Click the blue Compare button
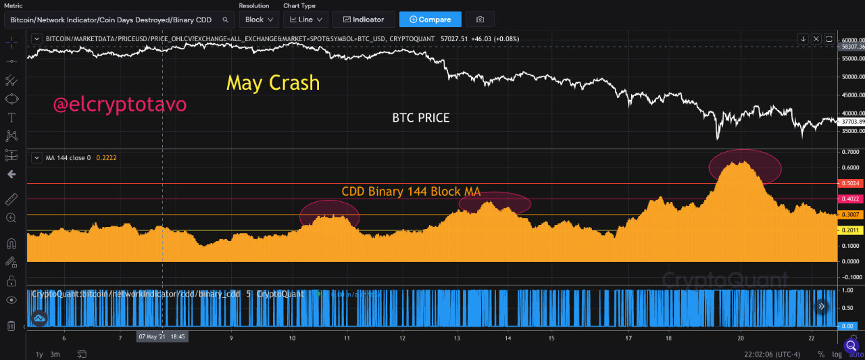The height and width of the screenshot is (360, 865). (430, 20)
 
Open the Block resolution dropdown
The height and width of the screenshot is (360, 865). (259, 20)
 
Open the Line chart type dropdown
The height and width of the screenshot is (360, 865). (305, 20)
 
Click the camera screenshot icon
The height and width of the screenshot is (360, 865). (480, 20)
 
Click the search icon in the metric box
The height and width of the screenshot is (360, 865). (224, 20)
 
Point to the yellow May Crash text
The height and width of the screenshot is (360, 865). (272, 83)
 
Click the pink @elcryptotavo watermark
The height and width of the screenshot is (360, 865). (120, 105)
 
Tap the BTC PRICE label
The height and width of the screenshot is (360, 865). (420, 118)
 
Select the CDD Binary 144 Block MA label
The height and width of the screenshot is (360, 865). (411, 191)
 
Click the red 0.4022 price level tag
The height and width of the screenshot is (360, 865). (849, 199)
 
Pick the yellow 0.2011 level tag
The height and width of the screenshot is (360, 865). (849, 230)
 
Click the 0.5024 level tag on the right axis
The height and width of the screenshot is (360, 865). (849, 183)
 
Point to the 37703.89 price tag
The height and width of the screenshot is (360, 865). (850, 122)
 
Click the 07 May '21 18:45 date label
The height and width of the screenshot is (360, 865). (162, 336)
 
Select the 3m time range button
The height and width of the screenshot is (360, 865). (55, 354)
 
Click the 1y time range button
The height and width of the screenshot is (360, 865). (39, 354)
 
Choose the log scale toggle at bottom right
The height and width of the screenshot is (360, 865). (836, 354)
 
